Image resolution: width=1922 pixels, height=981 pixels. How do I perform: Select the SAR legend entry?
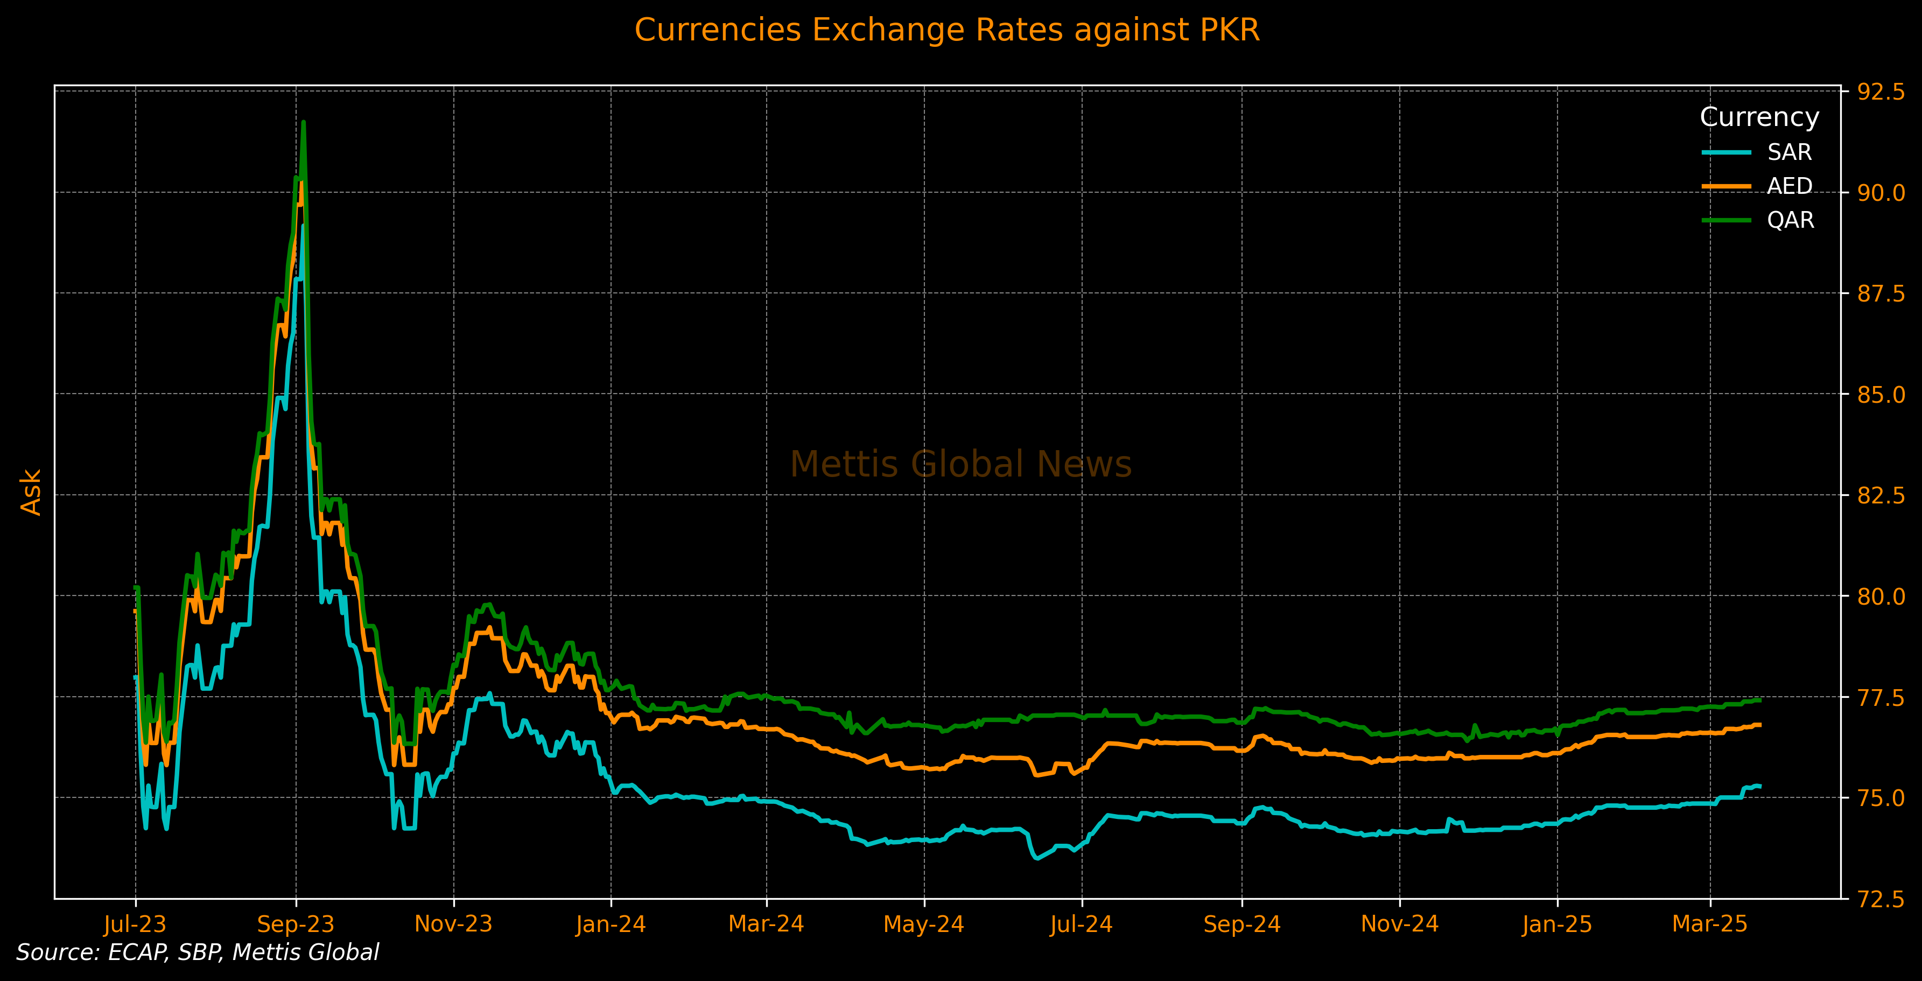1789,152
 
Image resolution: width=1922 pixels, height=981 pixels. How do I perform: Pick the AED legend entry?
1789,186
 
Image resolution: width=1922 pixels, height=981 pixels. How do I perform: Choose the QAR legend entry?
1790,220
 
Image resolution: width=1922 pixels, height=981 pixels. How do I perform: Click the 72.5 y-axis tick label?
1880,899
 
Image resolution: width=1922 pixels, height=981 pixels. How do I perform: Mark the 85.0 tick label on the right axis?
1880,395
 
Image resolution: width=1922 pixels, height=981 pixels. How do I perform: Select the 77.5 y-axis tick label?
1880,697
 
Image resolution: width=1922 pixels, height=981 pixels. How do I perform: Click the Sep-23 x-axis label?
296,924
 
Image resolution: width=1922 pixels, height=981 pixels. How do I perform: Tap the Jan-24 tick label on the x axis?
611,924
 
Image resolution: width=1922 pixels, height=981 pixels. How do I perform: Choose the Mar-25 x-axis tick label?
1709,924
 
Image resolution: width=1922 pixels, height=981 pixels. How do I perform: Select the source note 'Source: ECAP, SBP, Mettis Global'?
198,952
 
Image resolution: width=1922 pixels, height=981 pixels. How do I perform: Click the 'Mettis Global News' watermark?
960,464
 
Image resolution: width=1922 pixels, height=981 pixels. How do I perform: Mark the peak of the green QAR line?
303,122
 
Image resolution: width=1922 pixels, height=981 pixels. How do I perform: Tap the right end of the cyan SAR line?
1760,786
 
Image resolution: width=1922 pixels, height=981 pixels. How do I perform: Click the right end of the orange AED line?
1760,724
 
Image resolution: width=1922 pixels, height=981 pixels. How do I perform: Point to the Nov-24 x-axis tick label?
1399,924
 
